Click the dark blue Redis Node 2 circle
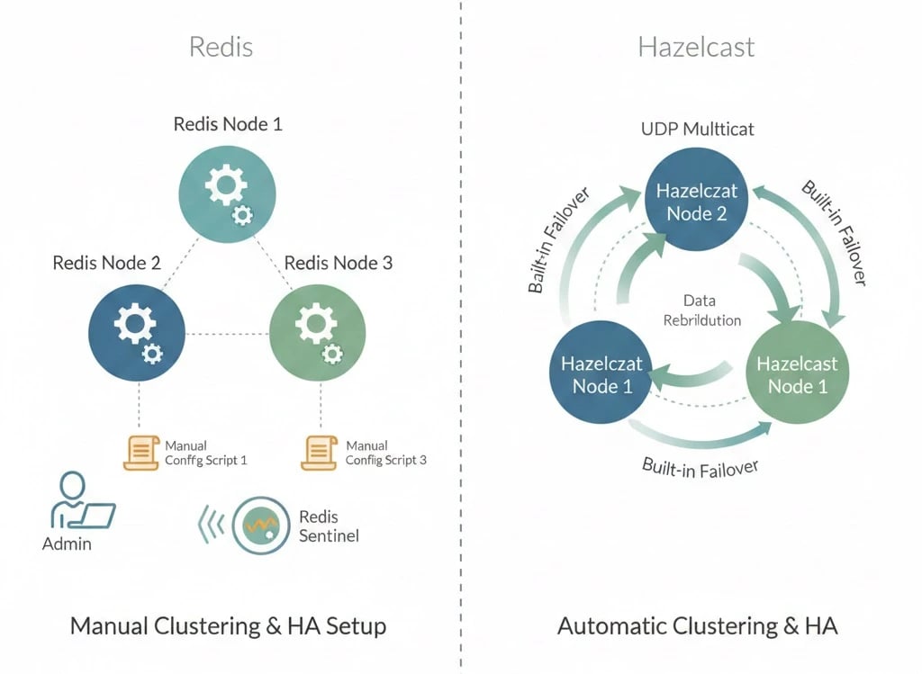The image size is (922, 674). point(137,333)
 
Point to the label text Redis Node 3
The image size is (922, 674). point(339,263)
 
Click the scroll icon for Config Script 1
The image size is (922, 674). point(140,452)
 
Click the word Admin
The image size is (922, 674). point(67,544)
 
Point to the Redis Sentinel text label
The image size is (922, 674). point(328,526)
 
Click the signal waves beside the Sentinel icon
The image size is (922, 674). point(210,525)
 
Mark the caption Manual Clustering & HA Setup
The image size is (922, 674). point(228,625)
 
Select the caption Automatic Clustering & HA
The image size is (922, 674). point(697,625)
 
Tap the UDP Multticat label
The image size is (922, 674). point(698,129)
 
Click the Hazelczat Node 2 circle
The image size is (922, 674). point(698,202)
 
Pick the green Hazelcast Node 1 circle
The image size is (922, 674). point(796,373)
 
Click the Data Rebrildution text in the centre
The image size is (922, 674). point(701,310)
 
